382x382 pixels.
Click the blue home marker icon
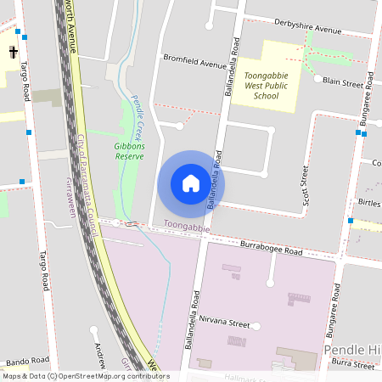click(x=190, y=183)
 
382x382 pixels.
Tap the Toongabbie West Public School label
click(x=267, y=85)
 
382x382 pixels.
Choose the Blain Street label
click(x=345, y=84)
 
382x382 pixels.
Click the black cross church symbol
click(x=14, y=53)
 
